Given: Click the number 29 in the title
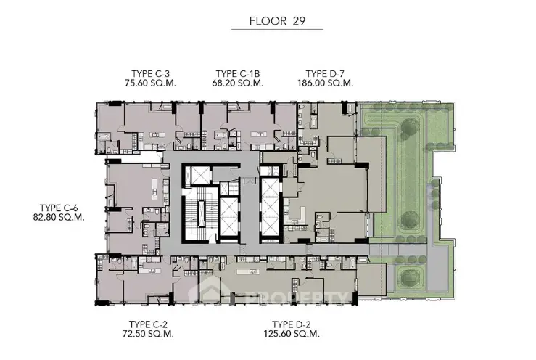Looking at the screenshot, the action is click(x=299, y=21).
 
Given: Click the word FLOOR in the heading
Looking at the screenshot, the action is click(x=268, y=21).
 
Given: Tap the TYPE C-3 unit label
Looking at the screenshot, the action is click(x=150, y=74).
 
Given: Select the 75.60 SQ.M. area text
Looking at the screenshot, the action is click(x=150, y=83).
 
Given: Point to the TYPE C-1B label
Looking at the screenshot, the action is click(x=238, y=74).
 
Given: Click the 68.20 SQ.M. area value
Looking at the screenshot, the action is click(x=238, y=83).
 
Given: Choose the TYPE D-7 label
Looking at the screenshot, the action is click(x=325, y=74).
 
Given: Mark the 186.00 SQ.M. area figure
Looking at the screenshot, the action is click(x=325, y=83).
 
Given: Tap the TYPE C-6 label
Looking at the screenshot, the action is click(x=59, y=208).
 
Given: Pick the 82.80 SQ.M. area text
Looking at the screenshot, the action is click(x=59, y=217).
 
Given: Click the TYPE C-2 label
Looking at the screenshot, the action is click(x=148, y=324).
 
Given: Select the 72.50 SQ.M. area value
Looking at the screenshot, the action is click(x=148, y=334).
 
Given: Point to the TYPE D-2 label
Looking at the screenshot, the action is click(x=292, y=324).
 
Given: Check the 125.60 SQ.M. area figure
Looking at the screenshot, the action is click(x=292, y=334).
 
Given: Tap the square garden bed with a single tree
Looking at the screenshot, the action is click(x=409, y=277).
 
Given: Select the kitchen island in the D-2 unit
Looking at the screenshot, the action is click(x=249, y=271).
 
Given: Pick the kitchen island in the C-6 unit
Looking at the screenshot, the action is click(x=154, y=189).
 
